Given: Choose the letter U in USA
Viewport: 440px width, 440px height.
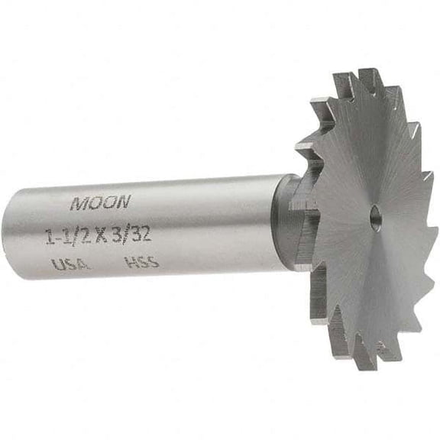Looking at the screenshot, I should click(56, 266).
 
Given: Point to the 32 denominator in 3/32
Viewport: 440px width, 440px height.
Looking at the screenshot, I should click(140, 233).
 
